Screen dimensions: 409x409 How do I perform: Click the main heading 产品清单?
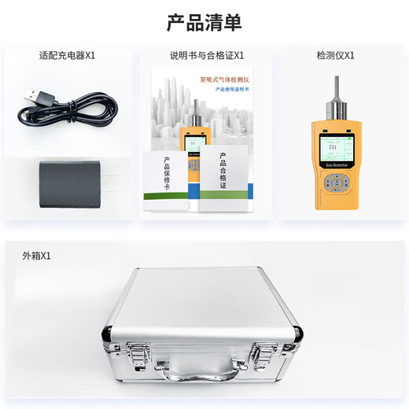204,22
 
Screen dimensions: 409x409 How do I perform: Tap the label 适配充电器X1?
67,56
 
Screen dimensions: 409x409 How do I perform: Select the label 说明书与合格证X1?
207,56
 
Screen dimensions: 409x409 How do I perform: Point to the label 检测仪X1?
335,56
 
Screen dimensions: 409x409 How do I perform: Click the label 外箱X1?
37,256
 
